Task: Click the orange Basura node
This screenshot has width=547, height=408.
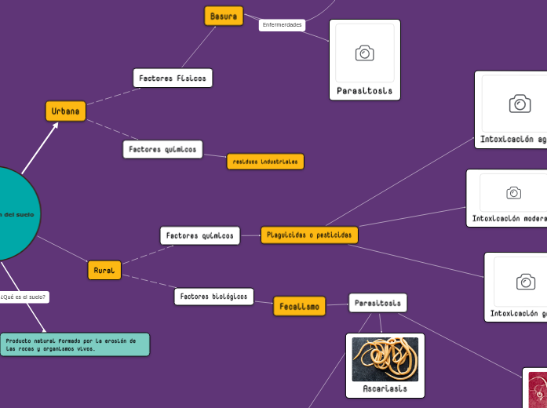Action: [x=224, y=16]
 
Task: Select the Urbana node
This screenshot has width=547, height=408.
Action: [x=66, y=111]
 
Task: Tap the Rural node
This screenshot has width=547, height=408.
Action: [x=104, y=270]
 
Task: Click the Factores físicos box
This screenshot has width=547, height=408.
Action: [x=173, y=78]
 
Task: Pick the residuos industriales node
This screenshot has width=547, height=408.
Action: [x=265, y=162]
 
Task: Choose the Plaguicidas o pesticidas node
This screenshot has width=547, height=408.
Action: [x=309, y=235]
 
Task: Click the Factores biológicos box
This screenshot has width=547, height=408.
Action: [x=213, y=297]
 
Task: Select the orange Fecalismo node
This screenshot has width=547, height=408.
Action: [x=299, y=306]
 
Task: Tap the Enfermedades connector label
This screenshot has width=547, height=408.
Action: [x=282, y=25]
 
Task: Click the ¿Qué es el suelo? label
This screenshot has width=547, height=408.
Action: [x=24, y=297]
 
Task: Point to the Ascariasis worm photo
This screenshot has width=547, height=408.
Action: [x=385, y=359]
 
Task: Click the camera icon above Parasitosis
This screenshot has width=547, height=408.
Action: [x=364, y=53]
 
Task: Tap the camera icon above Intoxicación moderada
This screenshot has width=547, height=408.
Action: [x=513, y=192]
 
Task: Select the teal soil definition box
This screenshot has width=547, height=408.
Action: [x=75, y=344]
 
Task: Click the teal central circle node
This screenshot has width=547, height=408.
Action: [x=12, y=213]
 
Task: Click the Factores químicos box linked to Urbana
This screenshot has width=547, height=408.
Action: [x=162, y=149]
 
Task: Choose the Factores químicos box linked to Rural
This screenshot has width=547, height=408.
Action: [x=199, y=235]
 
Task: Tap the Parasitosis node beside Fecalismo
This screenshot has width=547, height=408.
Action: [x=377, y=302]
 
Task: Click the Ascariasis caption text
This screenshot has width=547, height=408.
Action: [x=385, y=388]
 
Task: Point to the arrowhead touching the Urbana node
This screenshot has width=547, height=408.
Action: [x=55, y=124]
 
